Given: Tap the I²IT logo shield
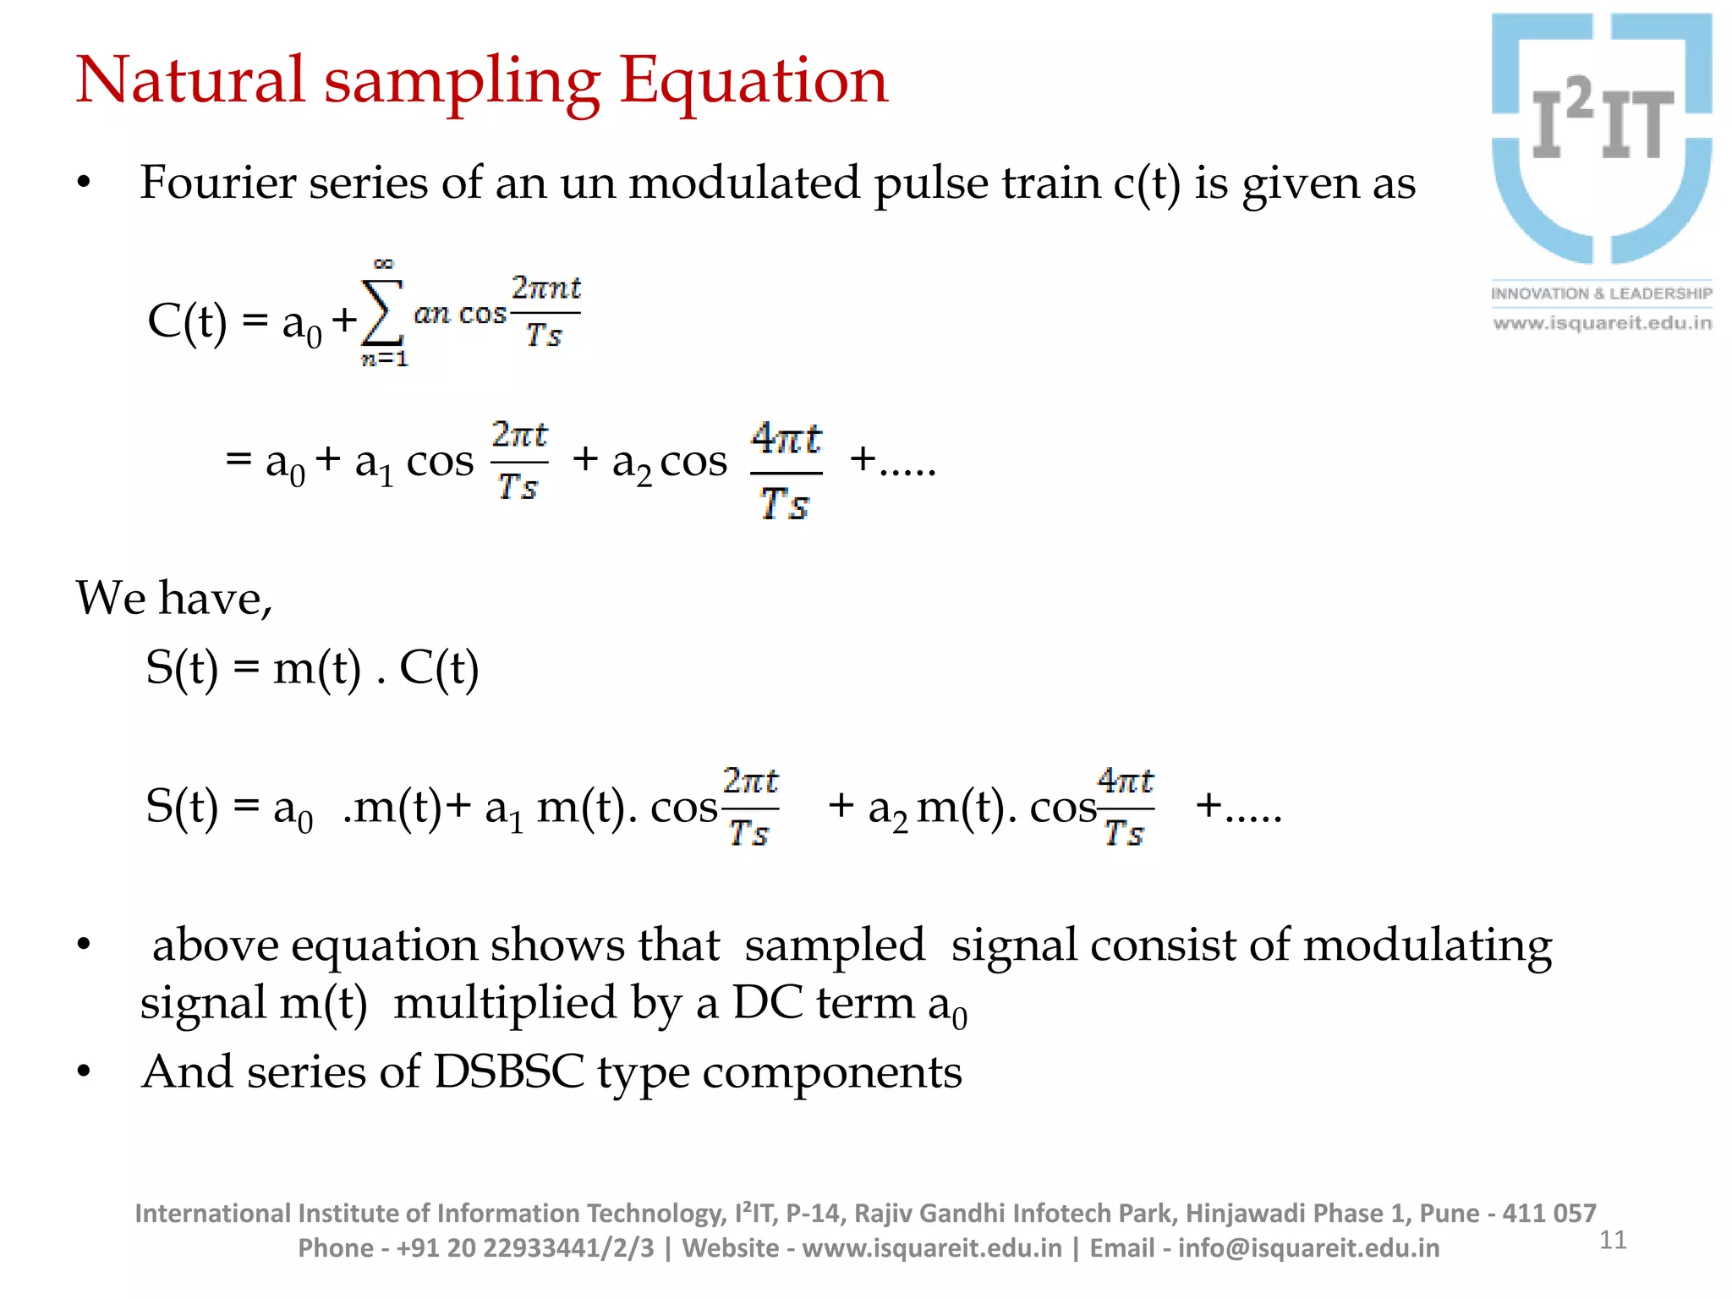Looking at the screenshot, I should [x=1602, y=139].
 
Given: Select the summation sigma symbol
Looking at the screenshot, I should [x=381, y=313].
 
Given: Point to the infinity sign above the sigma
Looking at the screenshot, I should [x=383, y=263].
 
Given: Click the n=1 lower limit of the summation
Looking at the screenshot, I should [x=385, y=359].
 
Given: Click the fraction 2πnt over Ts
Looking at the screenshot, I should [x=545, y=312].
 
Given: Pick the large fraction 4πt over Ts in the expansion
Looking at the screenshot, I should [x=786, y=472].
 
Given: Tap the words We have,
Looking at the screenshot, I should [x=174, y=598].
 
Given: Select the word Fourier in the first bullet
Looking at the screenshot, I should [x=217, y=183].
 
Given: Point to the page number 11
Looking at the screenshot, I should [x=1613, y=1240].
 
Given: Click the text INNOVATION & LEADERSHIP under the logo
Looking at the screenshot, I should [x=1601, y=293].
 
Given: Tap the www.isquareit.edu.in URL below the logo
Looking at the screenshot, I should [x=1602, y=323].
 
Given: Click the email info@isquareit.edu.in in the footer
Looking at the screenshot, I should [x=1308, y=1248].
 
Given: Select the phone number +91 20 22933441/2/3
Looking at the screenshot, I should [x=525, y=1248].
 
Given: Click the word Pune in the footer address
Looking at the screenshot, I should [x=1449, y=1214].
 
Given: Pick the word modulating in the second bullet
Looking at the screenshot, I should [x=1427, y=945].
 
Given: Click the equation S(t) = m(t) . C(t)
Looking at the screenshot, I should [x=312, y=667].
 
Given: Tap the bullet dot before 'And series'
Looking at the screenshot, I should [x=83, y=1072].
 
